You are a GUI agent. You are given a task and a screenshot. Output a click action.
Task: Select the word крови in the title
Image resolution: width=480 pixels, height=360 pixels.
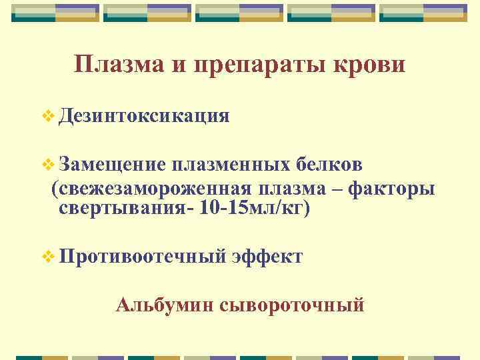pos(371,66)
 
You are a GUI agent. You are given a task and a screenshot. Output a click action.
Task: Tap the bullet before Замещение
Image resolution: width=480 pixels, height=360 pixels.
pos(46,165)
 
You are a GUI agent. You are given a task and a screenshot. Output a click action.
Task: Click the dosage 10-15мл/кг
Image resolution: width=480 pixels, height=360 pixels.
pos(254,208)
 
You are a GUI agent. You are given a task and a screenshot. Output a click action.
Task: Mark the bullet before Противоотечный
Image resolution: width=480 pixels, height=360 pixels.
pos(46,257)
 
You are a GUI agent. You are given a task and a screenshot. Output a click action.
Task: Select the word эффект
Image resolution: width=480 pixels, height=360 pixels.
pos(267,257)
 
